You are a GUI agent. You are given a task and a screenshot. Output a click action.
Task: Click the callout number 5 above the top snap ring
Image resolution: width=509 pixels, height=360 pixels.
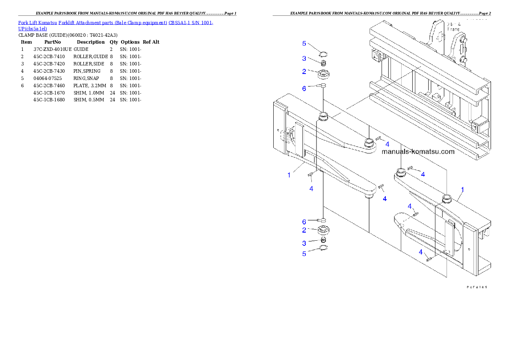coord(304,44)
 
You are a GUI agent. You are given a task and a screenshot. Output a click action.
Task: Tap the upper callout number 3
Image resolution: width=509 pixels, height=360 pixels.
coord(304,59)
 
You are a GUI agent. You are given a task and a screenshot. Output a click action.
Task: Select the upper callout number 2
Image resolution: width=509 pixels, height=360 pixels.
coord(304,71)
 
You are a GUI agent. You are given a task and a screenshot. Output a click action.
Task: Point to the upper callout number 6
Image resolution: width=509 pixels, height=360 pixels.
coord(304,89)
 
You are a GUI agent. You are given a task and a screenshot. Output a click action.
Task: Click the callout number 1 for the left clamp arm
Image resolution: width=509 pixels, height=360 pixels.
coord(289,175)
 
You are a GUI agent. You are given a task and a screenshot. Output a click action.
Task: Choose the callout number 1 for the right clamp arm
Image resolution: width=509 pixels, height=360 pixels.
coord(462,189)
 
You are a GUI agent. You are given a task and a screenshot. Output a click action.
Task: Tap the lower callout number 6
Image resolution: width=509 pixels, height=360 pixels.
coord(304,222)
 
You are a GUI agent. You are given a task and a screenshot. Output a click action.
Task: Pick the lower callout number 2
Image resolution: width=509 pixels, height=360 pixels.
coord(304,230)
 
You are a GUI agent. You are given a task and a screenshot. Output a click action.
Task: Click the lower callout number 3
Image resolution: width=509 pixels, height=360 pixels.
coord(304,243)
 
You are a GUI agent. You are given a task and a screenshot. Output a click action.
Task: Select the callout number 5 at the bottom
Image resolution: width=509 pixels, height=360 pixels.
coord(304,254)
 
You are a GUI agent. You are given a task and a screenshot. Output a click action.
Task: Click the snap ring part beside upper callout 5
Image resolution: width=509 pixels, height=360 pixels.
coord(324,53)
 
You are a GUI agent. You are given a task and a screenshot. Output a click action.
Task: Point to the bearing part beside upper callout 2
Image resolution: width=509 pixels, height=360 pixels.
coord(324,74)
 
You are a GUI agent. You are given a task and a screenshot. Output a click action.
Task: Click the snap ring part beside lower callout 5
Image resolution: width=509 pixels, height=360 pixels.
coord(324,249)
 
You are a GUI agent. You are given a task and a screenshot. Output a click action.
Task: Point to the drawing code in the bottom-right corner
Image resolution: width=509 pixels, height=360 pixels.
coord(476,287)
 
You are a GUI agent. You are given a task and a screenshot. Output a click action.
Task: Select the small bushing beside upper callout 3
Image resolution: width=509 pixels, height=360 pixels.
coord(324,63)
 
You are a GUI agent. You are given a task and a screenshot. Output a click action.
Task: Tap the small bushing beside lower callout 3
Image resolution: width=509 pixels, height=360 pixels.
coord(324,241)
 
